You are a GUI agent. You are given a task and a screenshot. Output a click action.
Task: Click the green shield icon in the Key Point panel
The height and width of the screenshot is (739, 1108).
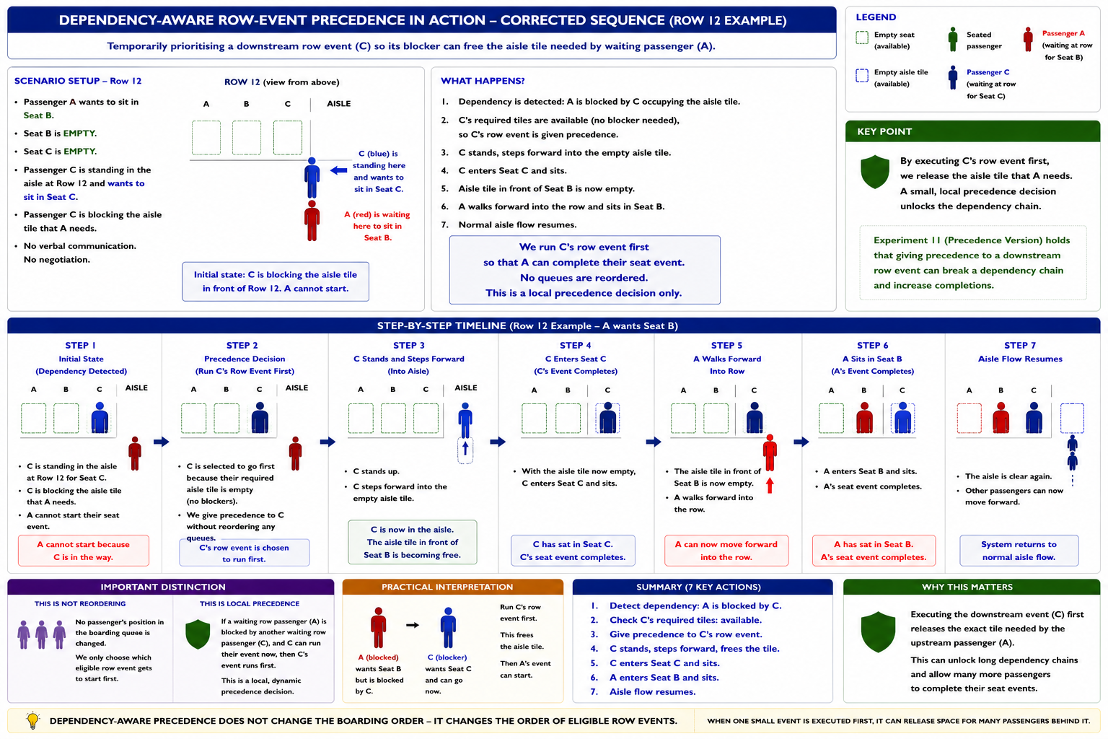(874, 172)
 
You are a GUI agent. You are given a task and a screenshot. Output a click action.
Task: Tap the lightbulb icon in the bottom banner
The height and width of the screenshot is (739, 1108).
(32, 720)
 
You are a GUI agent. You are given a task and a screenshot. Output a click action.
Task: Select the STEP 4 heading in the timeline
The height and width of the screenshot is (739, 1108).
(575, 346)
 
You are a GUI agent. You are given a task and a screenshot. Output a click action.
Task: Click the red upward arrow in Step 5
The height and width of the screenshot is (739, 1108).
(770, 486)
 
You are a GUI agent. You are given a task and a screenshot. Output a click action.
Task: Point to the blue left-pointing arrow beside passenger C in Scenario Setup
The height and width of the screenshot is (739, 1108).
(339, 170)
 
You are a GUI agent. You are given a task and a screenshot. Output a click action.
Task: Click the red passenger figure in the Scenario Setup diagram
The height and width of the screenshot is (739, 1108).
(312, 221)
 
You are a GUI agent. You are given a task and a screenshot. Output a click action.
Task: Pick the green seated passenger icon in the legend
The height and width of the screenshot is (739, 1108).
(953, 40)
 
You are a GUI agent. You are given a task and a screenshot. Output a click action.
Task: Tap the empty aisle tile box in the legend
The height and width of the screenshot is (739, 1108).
(862, 75)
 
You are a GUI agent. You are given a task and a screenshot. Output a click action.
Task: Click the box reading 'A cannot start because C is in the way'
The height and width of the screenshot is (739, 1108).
(84, 551)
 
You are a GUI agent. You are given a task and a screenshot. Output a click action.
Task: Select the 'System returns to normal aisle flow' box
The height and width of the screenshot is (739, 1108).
(1019, 551)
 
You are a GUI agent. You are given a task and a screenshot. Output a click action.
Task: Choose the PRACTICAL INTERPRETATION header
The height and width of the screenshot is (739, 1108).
(452, 587)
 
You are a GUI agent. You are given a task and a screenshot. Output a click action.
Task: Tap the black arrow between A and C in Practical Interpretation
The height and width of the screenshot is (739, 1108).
(413, 625)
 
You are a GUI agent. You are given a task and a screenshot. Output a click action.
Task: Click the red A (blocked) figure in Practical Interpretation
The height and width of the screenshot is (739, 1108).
(379, 628)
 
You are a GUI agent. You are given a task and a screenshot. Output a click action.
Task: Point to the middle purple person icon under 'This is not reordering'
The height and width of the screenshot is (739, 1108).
(42, 634)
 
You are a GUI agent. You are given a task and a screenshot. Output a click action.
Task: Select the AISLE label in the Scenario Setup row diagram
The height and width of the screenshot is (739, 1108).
(339, 103)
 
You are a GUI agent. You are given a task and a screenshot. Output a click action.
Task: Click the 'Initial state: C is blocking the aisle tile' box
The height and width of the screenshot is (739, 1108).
(276, 281)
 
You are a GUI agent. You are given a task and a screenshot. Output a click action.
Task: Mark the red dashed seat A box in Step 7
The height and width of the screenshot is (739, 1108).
(969, 419)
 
